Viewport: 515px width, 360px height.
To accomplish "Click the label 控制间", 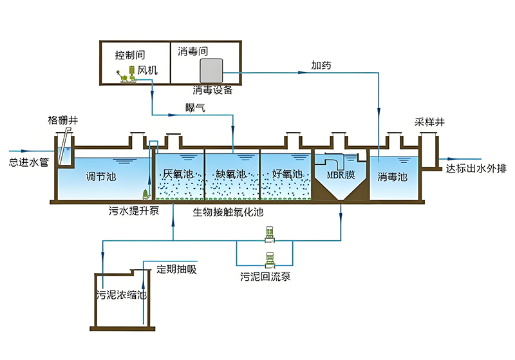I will [x=129, y=54].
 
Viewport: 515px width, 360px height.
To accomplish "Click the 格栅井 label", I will [x=61, y=120].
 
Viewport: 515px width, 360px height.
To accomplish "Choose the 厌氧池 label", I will [x=178, y=174].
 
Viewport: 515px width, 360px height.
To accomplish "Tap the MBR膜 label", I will [x=340, y=175].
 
